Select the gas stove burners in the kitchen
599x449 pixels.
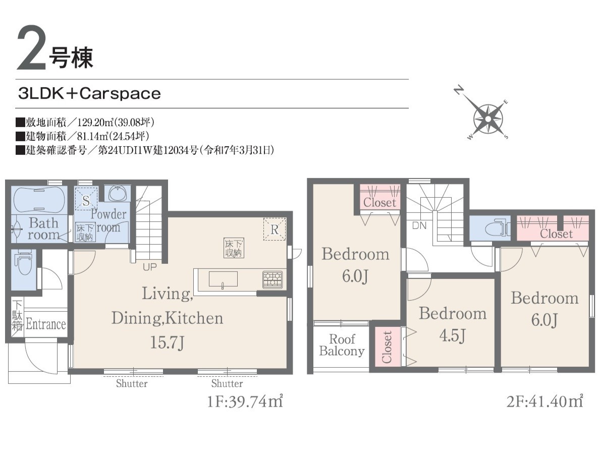click(273, 280)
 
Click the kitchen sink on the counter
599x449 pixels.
click(223, 279)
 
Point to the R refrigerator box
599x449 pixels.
click(275, 229)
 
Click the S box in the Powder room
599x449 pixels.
click(86, 200)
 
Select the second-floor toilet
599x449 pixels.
click(497, 229)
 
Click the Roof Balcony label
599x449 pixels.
click(342, 345)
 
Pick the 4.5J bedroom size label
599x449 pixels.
click(452, 336)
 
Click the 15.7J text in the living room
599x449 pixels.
click(167, 342)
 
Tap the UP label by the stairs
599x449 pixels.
click(149, 267)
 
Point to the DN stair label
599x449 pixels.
click(419, 226)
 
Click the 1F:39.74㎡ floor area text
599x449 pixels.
click(245, 401)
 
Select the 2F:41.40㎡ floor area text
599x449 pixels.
click(545, 401)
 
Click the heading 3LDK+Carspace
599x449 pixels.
click(89, 93)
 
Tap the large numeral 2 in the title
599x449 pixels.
click(31, 48)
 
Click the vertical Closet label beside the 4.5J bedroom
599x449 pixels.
click(387, 347)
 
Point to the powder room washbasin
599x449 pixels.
click(118, 194)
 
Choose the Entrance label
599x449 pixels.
click(46, 324)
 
